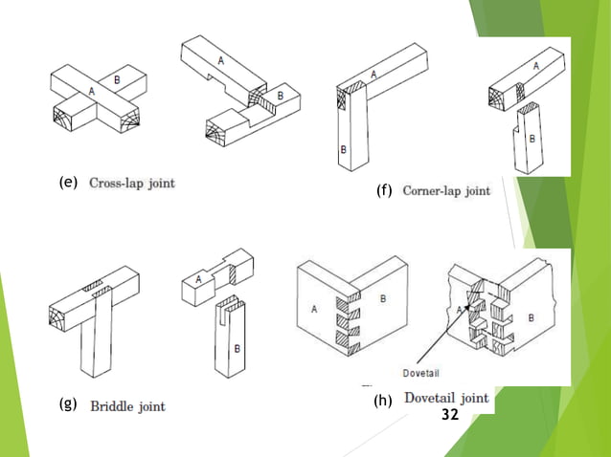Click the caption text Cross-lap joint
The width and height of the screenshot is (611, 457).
pos(132,182)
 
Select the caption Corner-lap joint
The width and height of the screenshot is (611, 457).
pos(446,190)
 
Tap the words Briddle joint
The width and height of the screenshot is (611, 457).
pos(127,406)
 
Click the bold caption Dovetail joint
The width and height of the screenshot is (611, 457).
pos(446,398)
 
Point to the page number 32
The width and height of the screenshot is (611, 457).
pos(450,416)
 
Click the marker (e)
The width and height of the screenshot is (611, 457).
pos(67,182)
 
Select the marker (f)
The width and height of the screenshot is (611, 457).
pos(385,190)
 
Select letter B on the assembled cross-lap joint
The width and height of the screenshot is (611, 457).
pos(117,81)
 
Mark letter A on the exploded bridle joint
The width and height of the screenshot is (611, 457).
pos(198,279)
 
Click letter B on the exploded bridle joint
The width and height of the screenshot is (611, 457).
pos(237,349)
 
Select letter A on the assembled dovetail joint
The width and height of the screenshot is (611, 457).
pos(313,308)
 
